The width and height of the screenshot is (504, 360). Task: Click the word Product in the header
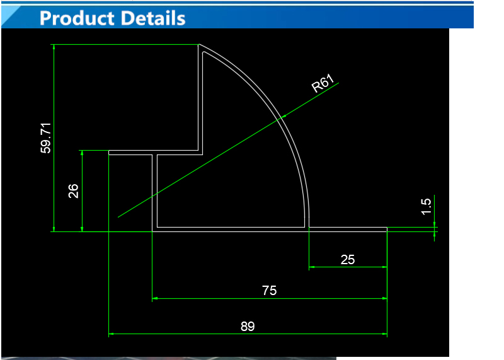(77, 18)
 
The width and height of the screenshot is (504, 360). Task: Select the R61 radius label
(323, 83)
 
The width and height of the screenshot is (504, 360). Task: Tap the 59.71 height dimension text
(45, 138)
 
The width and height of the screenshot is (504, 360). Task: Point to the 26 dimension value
(73, 191)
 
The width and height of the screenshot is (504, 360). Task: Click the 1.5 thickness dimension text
(426, 207)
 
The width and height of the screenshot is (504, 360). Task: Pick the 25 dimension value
(348, 260)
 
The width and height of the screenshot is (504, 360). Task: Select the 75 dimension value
(270, 291)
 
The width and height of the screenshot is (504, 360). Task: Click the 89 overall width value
(248, 326)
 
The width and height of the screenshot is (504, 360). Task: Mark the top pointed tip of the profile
(199, 44)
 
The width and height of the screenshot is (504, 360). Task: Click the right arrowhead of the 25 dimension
(384, 267)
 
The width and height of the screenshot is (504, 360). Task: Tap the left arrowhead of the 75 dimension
(155, 299)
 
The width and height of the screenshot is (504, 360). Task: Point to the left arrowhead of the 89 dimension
(112, 334)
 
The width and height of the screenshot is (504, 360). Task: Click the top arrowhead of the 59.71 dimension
(54, 47)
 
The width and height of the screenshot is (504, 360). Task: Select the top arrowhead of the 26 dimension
(82, 153)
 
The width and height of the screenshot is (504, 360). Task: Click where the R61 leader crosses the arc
(282, 117)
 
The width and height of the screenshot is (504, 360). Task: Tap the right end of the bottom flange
(387, 229)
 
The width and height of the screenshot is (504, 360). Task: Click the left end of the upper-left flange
(109, 153)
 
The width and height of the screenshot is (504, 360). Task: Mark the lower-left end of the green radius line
(118, 217)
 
